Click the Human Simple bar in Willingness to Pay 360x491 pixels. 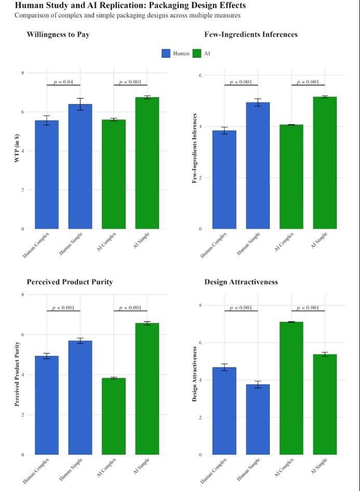click(x=80, y=166)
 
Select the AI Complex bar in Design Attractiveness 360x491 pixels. click(x=291, y=388)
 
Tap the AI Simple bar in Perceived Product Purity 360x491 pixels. click(x=147, y=389)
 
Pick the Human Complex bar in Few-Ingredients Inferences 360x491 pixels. click(x=224, y=180)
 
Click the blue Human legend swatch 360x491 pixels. click(x=166, y=54)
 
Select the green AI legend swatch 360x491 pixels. click(x=196, y=54)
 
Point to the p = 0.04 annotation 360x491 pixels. click(x=63, y=82)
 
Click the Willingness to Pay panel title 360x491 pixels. click(x=58, y=34)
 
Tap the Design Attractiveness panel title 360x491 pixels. click(x=241, y=282)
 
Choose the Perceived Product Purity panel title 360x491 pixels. click(x=70, y=282)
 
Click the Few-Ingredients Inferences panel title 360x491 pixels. click(x=251, y=34)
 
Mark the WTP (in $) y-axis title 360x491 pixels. click(x=17, y=148)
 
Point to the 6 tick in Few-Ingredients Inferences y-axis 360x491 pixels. click(x=201, y=75)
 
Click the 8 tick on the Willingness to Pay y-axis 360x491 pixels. click(x=22, y=73)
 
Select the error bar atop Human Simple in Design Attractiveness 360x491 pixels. click(x=258, y=384)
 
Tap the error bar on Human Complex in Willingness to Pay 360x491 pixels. click(x=47, y=121)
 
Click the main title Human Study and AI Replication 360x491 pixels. click(x=130, y=5)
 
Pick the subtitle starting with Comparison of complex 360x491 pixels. click(x=127, y=15)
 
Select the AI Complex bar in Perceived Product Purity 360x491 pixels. click(x=114, y=416)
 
